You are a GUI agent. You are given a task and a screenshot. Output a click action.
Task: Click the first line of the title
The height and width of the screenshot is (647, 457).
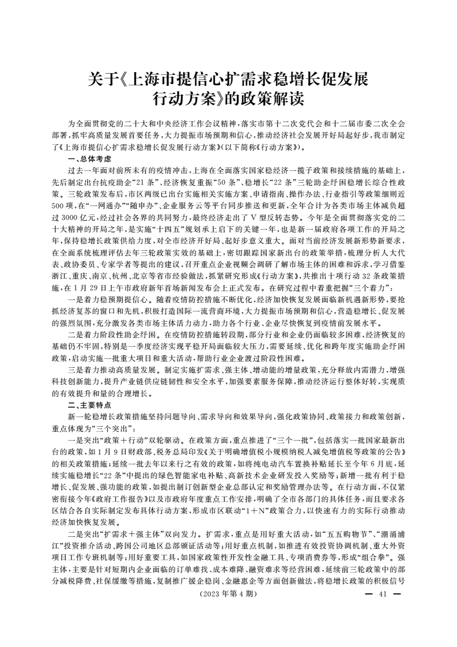click(x=228, y=79)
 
